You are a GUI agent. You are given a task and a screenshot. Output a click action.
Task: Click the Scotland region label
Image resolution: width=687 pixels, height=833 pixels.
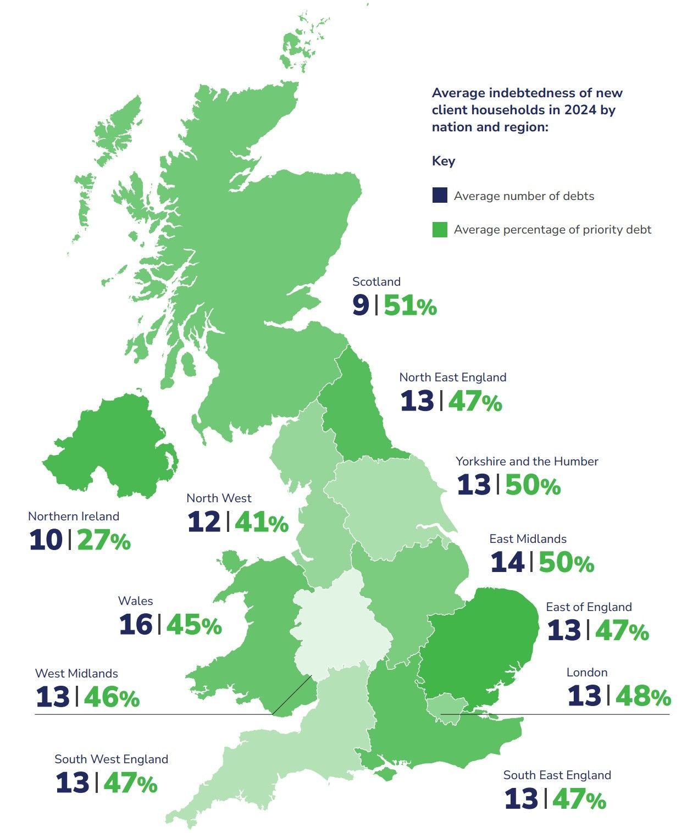(376, 281)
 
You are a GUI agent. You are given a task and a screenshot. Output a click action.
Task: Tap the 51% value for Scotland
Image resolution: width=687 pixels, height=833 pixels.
(410, 306)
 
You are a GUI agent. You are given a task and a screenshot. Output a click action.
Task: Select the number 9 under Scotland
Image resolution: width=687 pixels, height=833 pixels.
(361, 306)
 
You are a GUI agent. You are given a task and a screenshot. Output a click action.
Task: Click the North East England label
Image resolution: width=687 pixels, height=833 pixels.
(452, 377)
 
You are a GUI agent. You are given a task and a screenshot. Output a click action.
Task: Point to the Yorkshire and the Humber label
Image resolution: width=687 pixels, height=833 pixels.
(527, 461)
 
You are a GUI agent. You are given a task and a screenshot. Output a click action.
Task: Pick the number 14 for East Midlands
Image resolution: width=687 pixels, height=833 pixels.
(507, 563)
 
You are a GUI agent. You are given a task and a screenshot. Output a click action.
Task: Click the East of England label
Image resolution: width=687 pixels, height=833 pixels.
(589, 607)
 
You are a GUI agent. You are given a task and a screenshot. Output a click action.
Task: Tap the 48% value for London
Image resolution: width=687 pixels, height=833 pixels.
(643, 696)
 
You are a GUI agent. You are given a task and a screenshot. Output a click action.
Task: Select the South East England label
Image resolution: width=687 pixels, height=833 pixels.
(557, 775)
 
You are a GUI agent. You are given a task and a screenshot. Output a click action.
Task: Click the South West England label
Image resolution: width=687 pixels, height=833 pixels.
(111, 759)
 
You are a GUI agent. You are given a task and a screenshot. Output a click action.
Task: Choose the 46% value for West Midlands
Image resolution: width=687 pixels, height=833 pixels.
(112, 697)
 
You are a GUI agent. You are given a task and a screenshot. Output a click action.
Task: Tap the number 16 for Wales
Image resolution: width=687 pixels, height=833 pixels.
(135, 625)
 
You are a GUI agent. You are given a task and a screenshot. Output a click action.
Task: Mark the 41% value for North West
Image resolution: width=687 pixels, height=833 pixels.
(262, 523)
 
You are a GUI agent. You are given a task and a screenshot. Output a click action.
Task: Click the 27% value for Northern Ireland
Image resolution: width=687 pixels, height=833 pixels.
(104, 541)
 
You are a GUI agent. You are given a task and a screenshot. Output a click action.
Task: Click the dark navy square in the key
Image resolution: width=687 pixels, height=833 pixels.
(440, 196)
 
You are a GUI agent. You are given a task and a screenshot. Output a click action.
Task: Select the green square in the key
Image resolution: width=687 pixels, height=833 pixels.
(440, 230)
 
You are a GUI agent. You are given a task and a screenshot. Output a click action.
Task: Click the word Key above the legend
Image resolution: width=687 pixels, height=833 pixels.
(443, 161)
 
